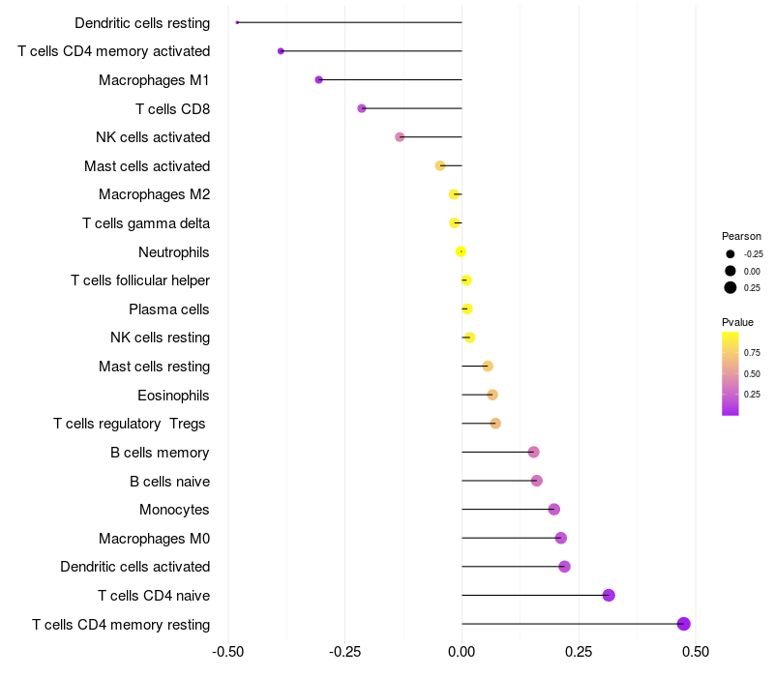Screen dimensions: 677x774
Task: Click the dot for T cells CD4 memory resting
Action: click(684, 624)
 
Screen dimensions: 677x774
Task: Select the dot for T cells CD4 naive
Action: click(609, 595)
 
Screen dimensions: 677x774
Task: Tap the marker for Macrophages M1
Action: click(318, 79)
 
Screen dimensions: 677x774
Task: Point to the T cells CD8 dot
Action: click(362, 108)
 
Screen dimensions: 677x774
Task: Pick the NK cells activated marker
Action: click(400, 137)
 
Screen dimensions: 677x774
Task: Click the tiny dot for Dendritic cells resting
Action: click(237, 22)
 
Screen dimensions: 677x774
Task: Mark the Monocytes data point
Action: click(553, 510)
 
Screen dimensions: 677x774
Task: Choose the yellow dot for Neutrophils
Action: click(461, 251)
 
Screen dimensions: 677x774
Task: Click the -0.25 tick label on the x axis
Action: click(345, 652)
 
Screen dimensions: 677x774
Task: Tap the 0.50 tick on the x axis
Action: click(695, 652)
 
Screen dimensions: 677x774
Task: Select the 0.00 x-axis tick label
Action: click(461, 652)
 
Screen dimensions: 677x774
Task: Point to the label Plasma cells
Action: click(169, 309)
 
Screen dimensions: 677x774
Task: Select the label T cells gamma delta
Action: click(146, 223)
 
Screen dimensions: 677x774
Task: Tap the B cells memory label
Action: click(160, 452)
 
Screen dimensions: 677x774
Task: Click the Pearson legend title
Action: click(741, 236)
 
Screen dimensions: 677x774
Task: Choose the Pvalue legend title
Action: click(737, 322)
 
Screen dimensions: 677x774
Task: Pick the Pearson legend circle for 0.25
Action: click(730, 287)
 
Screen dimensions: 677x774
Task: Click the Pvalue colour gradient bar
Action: click(730, 373)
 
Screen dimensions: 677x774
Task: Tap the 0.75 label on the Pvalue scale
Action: click(752, 352)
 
